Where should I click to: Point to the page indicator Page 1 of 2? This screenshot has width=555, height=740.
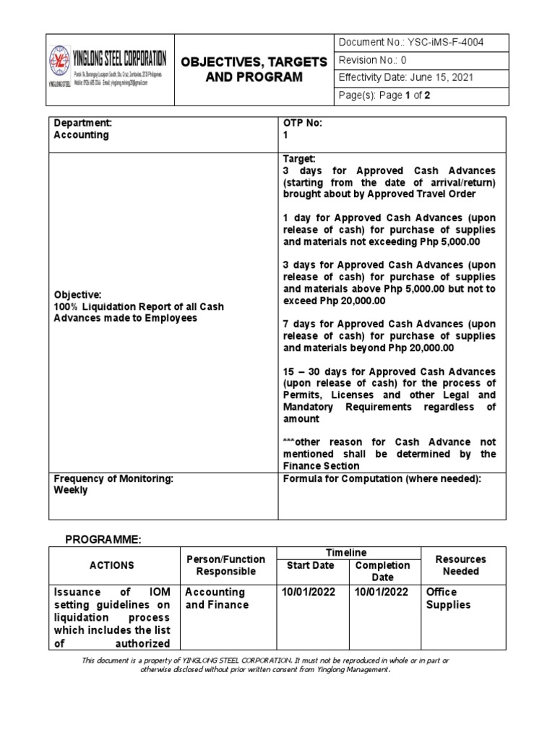click(385, 95)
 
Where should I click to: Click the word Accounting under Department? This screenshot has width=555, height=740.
click(82, 134)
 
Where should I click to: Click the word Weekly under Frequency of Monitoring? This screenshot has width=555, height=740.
click(71, 490)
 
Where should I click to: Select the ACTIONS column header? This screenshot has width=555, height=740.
click(112, 565)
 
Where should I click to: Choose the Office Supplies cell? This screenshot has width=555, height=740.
click(448, 598)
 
